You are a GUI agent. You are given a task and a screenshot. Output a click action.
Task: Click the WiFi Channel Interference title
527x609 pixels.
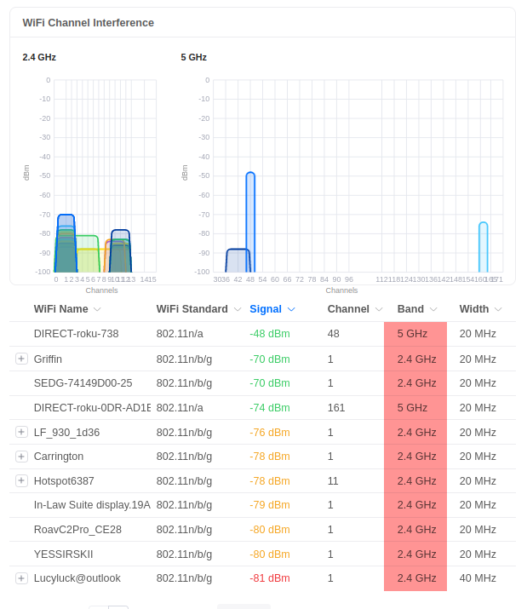pyautogui.click(x=88, y=23)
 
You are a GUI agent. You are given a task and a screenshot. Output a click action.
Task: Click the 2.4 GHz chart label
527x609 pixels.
pyautogui.click(x=39, y=57)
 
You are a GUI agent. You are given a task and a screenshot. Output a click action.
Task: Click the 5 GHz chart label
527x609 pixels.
pyautogui.click(x=193, y=57)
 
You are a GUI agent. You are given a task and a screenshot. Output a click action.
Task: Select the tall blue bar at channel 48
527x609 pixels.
pyautogui.click(x=250, y=221)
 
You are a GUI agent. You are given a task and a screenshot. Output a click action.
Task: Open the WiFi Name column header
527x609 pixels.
pyautogui.click(x=61, y=309)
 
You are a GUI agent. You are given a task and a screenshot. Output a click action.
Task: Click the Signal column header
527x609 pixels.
pyautogui.click(x=266, y=309)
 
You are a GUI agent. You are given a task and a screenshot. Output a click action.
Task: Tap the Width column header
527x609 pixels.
pyautogui.click(x=474, y=309)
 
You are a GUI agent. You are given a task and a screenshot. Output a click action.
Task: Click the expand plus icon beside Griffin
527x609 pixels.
pyautogui.click(x=22, y=359)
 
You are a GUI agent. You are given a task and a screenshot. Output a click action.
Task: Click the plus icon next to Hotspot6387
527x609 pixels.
pyautogui.click(x=22, y=480)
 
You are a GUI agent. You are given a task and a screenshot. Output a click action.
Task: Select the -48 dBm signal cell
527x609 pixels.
pyautogui.click(x=270, y=334)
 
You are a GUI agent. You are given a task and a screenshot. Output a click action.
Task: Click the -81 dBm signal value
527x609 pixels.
pyautogui.click(x=270, y=578)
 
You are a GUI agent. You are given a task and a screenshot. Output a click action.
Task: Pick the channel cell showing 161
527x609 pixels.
pyautogui.click(x=336, y=407)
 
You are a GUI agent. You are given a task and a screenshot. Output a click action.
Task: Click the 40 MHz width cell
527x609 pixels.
pyautogui.click(x=478, y=578)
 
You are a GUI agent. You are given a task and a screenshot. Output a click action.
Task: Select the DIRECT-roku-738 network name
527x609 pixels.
pyautogui.click(x=76, y=334)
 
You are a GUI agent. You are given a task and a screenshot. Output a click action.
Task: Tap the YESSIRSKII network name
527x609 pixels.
pyautogui.click(x=63, y=554)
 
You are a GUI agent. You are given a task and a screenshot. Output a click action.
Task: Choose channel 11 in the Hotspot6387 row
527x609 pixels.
pyautogui.click(x=333, y=480)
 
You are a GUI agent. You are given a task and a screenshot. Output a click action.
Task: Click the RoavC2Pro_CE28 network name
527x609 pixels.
pyautogui.click(x=77, y=530)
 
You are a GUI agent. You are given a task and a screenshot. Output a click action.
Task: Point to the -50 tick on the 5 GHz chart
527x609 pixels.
pyautogui.click(x=204, y=175)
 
